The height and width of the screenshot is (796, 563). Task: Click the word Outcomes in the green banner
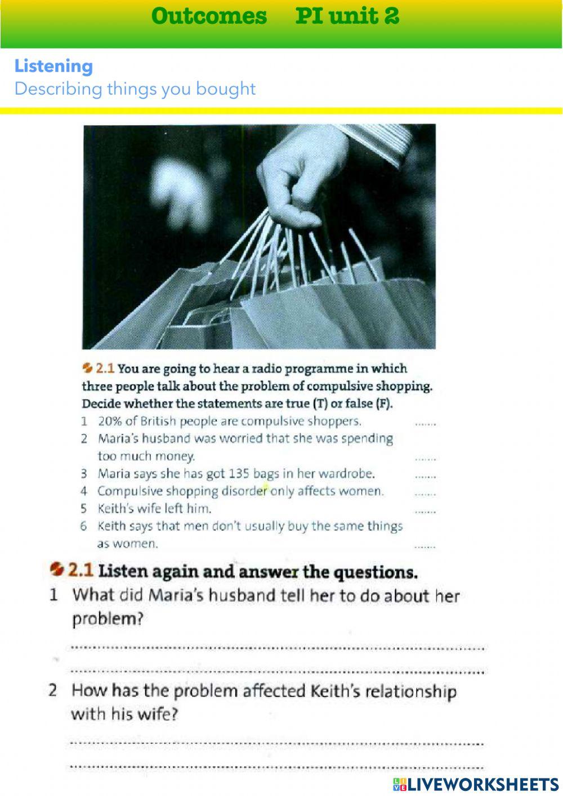point(209,16)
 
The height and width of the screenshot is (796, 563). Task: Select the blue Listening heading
point(53,66)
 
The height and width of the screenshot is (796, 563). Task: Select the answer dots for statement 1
point(425,424)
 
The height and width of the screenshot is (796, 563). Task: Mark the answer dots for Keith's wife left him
point(425,512)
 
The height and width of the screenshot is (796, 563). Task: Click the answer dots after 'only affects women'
point(425,494)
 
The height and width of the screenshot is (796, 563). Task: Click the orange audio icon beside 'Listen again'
point(56,569)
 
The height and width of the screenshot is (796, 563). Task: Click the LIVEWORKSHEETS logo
point(476,784)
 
